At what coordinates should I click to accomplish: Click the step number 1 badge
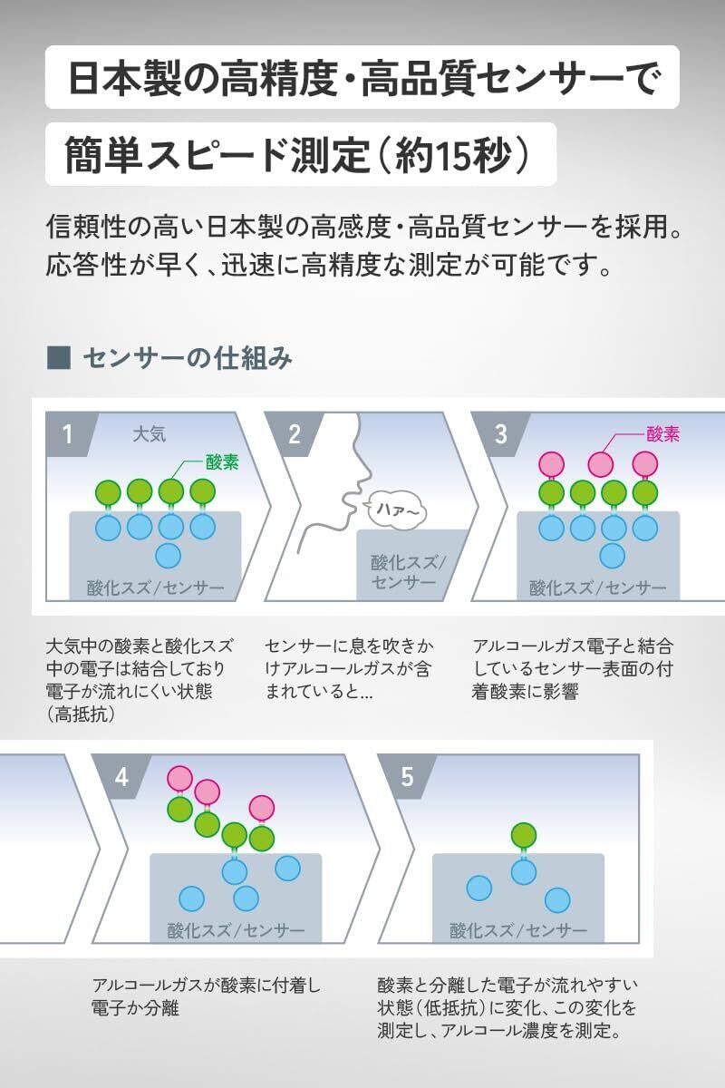tap(66, 434)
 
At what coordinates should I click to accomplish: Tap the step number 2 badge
tap(294, 434)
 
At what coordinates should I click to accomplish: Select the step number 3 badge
tap(501, 434)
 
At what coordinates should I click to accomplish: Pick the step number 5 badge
tap(407, 777)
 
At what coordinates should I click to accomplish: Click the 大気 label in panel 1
tap(149, 433)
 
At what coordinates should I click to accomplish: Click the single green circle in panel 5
tap(522, 834)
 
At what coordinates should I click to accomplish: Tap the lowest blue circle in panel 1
tap(169, 555)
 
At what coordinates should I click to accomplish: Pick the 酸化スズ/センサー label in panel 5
tap(518, 930)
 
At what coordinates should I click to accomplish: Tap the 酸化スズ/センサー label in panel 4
tap(236, 930)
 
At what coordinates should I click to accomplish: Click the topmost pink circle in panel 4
tap(180, 778)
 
